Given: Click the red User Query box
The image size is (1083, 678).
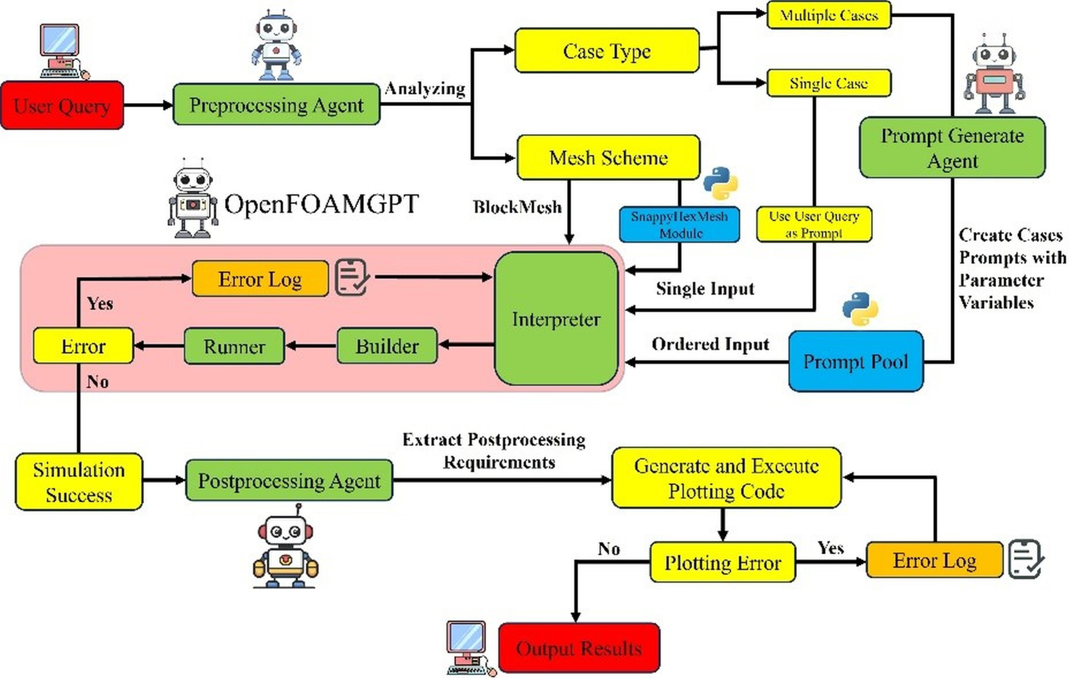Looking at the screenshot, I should pyautogui.click(x=62, y=105).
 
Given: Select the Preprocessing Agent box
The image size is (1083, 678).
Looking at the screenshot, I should pyautogui.click(x=276, y=104).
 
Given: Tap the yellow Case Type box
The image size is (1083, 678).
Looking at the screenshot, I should pyautogui.click(x=607, y=51).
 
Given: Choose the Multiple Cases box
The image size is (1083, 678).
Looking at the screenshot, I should pyautogui.click(x=828, y=15).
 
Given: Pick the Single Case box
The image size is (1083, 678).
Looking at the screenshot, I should pyautogui.click(x=828, y=83).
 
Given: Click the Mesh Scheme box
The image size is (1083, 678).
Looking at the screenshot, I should pyautogui.click(x=608, y=157).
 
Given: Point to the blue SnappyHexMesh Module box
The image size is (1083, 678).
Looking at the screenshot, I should pyautogui.click(x=679, y=224).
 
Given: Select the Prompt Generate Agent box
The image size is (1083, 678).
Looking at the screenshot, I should pyautogui.click(x=952, y=148).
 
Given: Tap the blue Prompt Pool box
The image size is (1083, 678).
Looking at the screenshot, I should pyautogui.click(x=855, y=361).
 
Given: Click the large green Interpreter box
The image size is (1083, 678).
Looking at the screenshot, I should pyautogui.click(x=556, y=319).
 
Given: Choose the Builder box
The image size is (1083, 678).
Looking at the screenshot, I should pyautogui.click(x=387, y=346).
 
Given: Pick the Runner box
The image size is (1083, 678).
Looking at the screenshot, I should pyautogui.click(x=234, y=346).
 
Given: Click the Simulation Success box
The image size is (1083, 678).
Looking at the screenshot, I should pyautogui.click(x=79, y=482).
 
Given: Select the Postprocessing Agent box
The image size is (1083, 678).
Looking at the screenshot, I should pyautogui.click(x=289, y=480).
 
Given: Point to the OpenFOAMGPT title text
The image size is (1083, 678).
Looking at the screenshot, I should pyautogui.click(x=321, y=204).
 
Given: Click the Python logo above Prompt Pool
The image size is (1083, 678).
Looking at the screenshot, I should pyautogui.click(x=860, y=308).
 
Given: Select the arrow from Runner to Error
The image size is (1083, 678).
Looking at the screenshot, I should pyautogui.click(x=159, y=346).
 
